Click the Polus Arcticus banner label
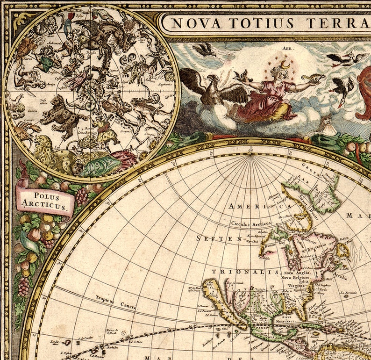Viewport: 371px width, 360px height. coord(45,200)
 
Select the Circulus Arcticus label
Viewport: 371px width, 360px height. coord(250,223)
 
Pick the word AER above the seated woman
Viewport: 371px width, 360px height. coord(286,48)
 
